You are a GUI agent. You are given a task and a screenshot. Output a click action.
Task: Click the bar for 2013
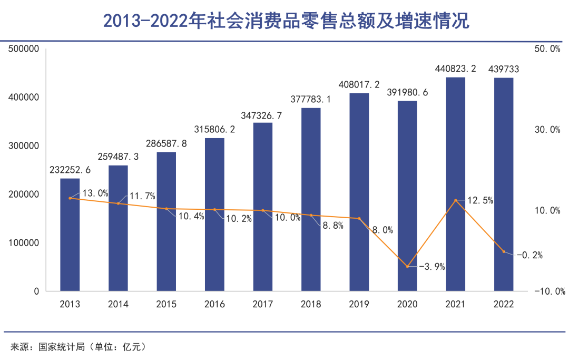70,235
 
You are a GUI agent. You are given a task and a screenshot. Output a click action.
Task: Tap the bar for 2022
504,184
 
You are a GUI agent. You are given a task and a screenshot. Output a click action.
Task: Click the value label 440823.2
456,69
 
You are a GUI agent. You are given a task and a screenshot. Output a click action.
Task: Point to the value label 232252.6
70,170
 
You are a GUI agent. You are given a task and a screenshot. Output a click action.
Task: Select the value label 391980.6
407,93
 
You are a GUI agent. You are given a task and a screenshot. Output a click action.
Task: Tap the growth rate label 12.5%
480,200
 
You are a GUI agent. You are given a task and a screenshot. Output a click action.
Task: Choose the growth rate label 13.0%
95,193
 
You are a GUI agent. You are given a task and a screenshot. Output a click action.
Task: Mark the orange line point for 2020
407,266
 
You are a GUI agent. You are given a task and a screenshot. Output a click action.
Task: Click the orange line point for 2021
456,200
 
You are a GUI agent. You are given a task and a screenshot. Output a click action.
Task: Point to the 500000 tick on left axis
24,49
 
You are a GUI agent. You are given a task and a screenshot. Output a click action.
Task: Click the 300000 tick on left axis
24,146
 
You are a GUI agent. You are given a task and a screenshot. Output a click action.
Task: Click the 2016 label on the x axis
214,305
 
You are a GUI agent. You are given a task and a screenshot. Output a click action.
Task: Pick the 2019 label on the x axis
359,305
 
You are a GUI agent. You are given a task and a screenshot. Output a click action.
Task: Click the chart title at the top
285,21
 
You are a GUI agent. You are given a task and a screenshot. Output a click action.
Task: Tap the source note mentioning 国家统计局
78,347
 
